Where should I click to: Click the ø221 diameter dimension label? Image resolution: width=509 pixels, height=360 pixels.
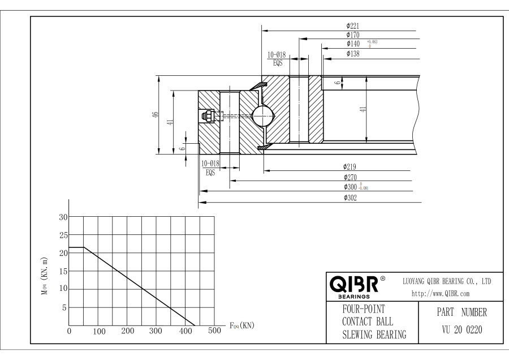(x=353, y=26)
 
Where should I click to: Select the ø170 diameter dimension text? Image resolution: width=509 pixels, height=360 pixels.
(x=353, y=35)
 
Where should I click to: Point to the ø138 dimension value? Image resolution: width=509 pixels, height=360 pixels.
(x=353, y=53)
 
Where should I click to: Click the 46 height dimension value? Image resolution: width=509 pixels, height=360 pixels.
(x=155, y=115)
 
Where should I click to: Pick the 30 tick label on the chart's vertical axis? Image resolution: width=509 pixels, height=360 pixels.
(x=63, y=217)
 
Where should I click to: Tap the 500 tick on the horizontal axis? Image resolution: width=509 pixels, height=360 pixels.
(x=214, y=331)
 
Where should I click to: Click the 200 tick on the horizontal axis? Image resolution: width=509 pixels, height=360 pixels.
(x=127, y=331)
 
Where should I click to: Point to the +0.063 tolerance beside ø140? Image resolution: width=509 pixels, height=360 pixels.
(x=372, y=41)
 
